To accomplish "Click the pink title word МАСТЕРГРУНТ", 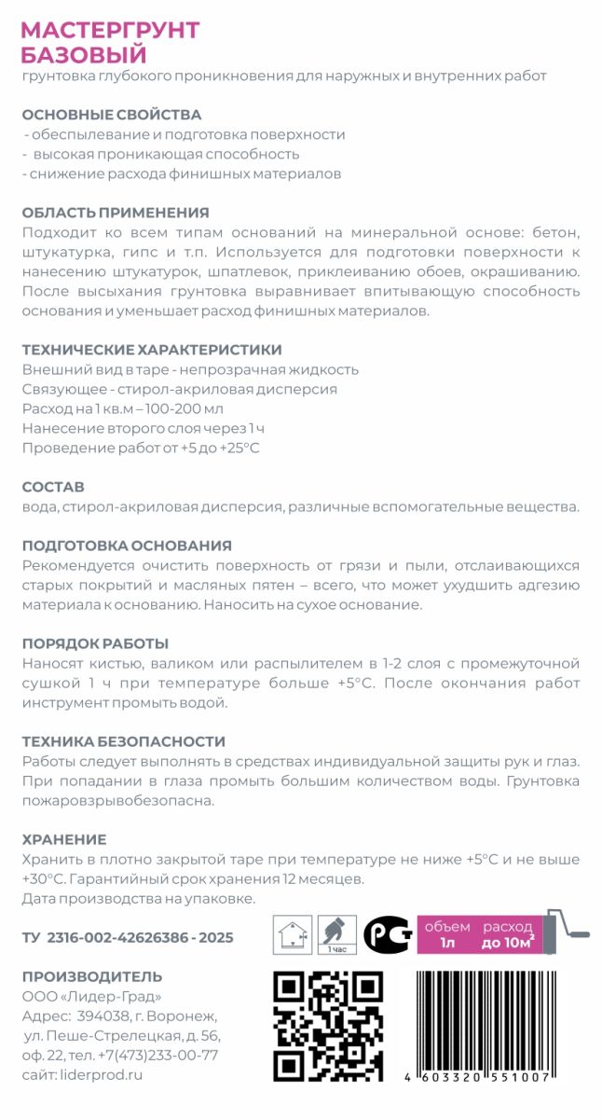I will point(110,30).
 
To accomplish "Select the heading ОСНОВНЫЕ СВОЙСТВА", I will point(111,115).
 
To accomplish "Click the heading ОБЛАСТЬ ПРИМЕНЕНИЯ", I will point(115,213).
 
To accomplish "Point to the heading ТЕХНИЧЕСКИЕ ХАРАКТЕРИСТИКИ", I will point(151,350).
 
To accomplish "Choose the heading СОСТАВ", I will point(53,487).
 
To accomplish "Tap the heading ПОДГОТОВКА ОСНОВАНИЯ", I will point(126,546).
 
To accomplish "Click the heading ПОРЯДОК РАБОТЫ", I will point(94,643).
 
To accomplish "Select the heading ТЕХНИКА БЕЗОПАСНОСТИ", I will point(123,741).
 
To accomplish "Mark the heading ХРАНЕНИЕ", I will point(63,839).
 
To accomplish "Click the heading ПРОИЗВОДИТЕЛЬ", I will point(91,976).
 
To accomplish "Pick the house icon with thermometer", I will point(292,933).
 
